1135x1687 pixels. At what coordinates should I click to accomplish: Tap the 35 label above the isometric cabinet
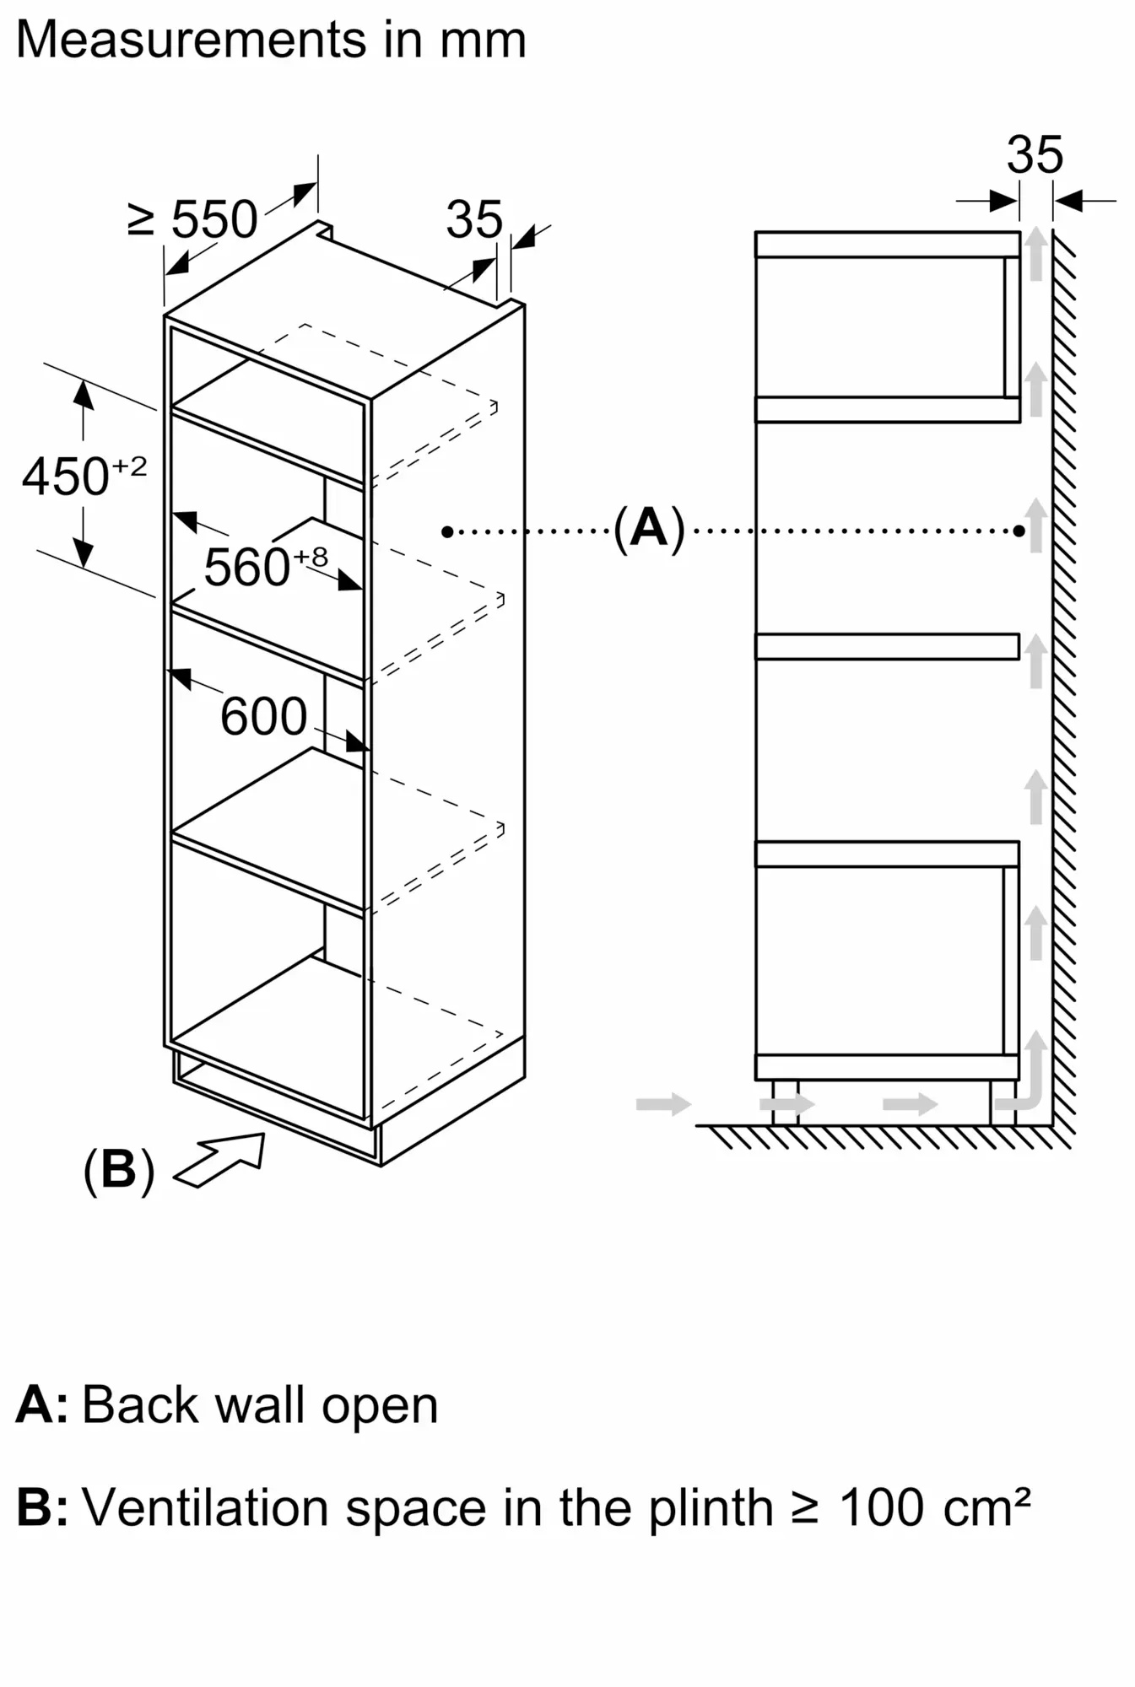(473, 219)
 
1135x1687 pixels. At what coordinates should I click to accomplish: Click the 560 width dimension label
(247, 567)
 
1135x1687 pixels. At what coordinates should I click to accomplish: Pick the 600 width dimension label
(263, 716)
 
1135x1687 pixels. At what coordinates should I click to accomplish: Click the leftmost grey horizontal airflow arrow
(663, 1103)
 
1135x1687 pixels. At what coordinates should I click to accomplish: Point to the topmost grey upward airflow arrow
(1035, 253)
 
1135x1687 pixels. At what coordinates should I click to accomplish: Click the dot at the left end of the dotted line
(447, 531)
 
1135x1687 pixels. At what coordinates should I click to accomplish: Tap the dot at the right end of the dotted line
(1019, 531)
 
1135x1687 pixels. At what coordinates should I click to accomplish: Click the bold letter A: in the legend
(41, 1405)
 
